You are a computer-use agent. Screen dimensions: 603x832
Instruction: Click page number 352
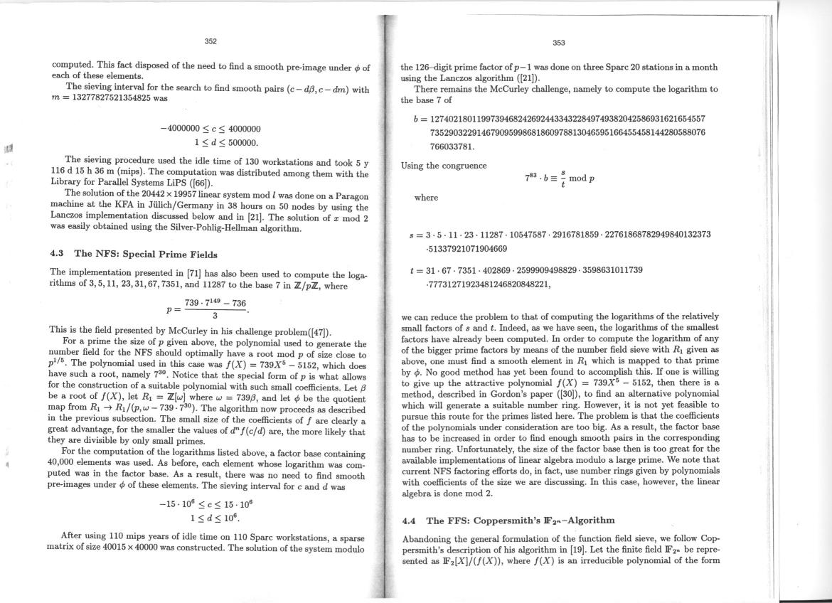pyautogui.click(x=210, y=41)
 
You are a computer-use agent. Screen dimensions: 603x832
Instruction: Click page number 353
pyautogui.click(x=558, y=43)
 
